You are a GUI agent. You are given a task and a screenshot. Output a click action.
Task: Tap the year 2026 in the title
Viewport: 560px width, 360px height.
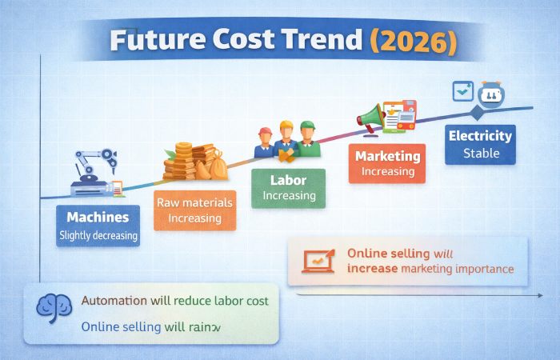(x=418, y=41)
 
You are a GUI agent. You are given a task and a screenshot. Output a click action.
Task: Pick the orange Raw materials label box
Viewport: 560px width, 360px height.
(x=195, y=210)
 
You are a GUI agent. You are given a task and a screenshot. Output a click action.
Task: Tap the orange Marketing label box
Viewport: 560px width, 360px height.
(x=387, y=162)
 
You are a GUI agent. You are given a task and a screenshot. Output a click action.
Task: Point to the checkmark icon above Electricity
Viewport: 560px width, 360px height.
(x=463, y=92)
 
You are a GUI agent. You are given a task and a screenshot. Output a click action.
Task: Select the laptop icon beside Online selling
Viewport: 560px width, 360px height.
(x=318, y=261)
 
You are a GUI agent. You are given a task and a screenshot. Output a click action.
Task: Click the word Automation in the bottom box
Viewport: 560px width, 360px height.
(x=115, y=302)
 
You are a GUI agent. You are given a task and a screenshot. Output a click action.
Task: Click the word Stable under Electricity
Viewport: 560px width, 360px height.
(x=481, y=153)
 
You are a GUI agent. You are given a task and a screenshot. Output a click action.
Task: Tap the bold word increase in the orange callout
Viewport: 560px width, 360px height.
(x=372, y=269)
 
